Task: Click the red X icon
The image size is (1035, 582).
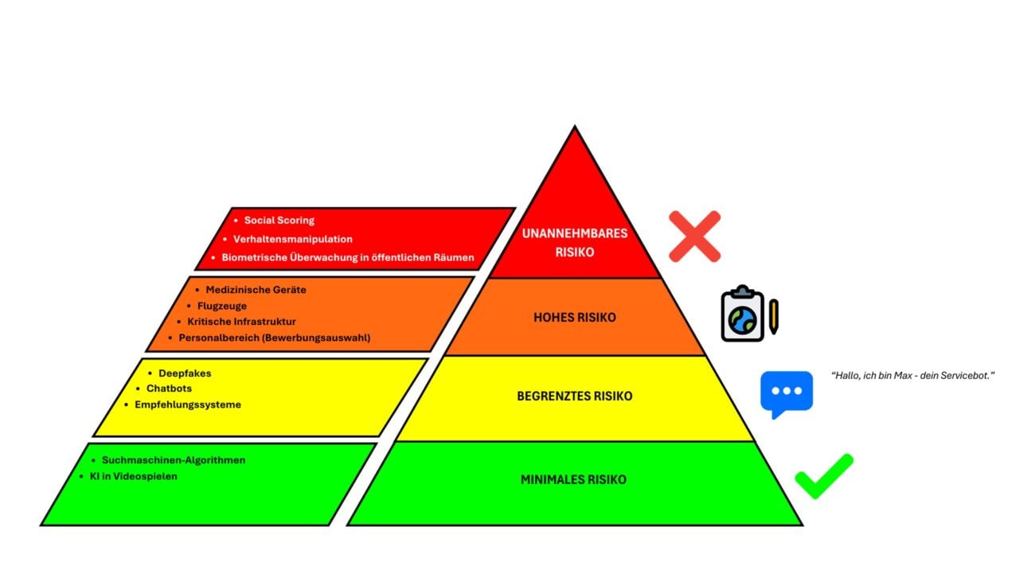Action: click(x=694, y=236)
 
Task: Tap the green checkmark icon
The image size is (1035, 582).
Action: click(x=823, y=476)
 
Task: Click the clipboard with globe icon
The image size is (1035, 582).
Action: click(x=742, y=314)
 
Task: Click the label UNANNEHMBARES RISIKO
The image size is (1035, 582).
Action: click(x=574, y=242)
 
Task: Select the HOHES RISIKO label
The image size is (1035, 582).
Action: click(x=574, y=318)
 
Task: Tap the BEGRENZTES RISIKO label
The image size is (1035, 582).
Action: click(x=574, y=396)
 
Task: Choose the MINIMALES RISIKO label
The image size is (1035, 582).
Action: click(x=574, y=480)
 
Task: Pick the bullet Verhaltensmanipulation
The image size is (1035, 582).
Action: click(x=292, y=239)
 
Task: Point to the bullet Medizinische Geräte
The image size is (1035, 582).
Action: click(x=256, y=290)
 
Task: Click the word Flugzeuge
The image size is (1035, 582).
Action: click(x=221, y=306)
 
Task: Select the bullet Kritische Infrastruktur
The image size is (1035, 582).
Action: click(x=241, y=322)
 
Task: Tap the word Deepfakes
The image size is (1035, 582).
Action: click(x=185, y=373)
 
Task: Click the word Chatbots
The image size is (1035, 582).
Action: click(x=169, y=389)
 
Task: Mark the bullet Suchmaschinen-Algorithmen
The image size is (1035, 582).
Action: click(x=174, y=460)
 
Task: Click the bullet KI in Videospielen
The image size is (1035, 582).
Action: click(x=133, y=476)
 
